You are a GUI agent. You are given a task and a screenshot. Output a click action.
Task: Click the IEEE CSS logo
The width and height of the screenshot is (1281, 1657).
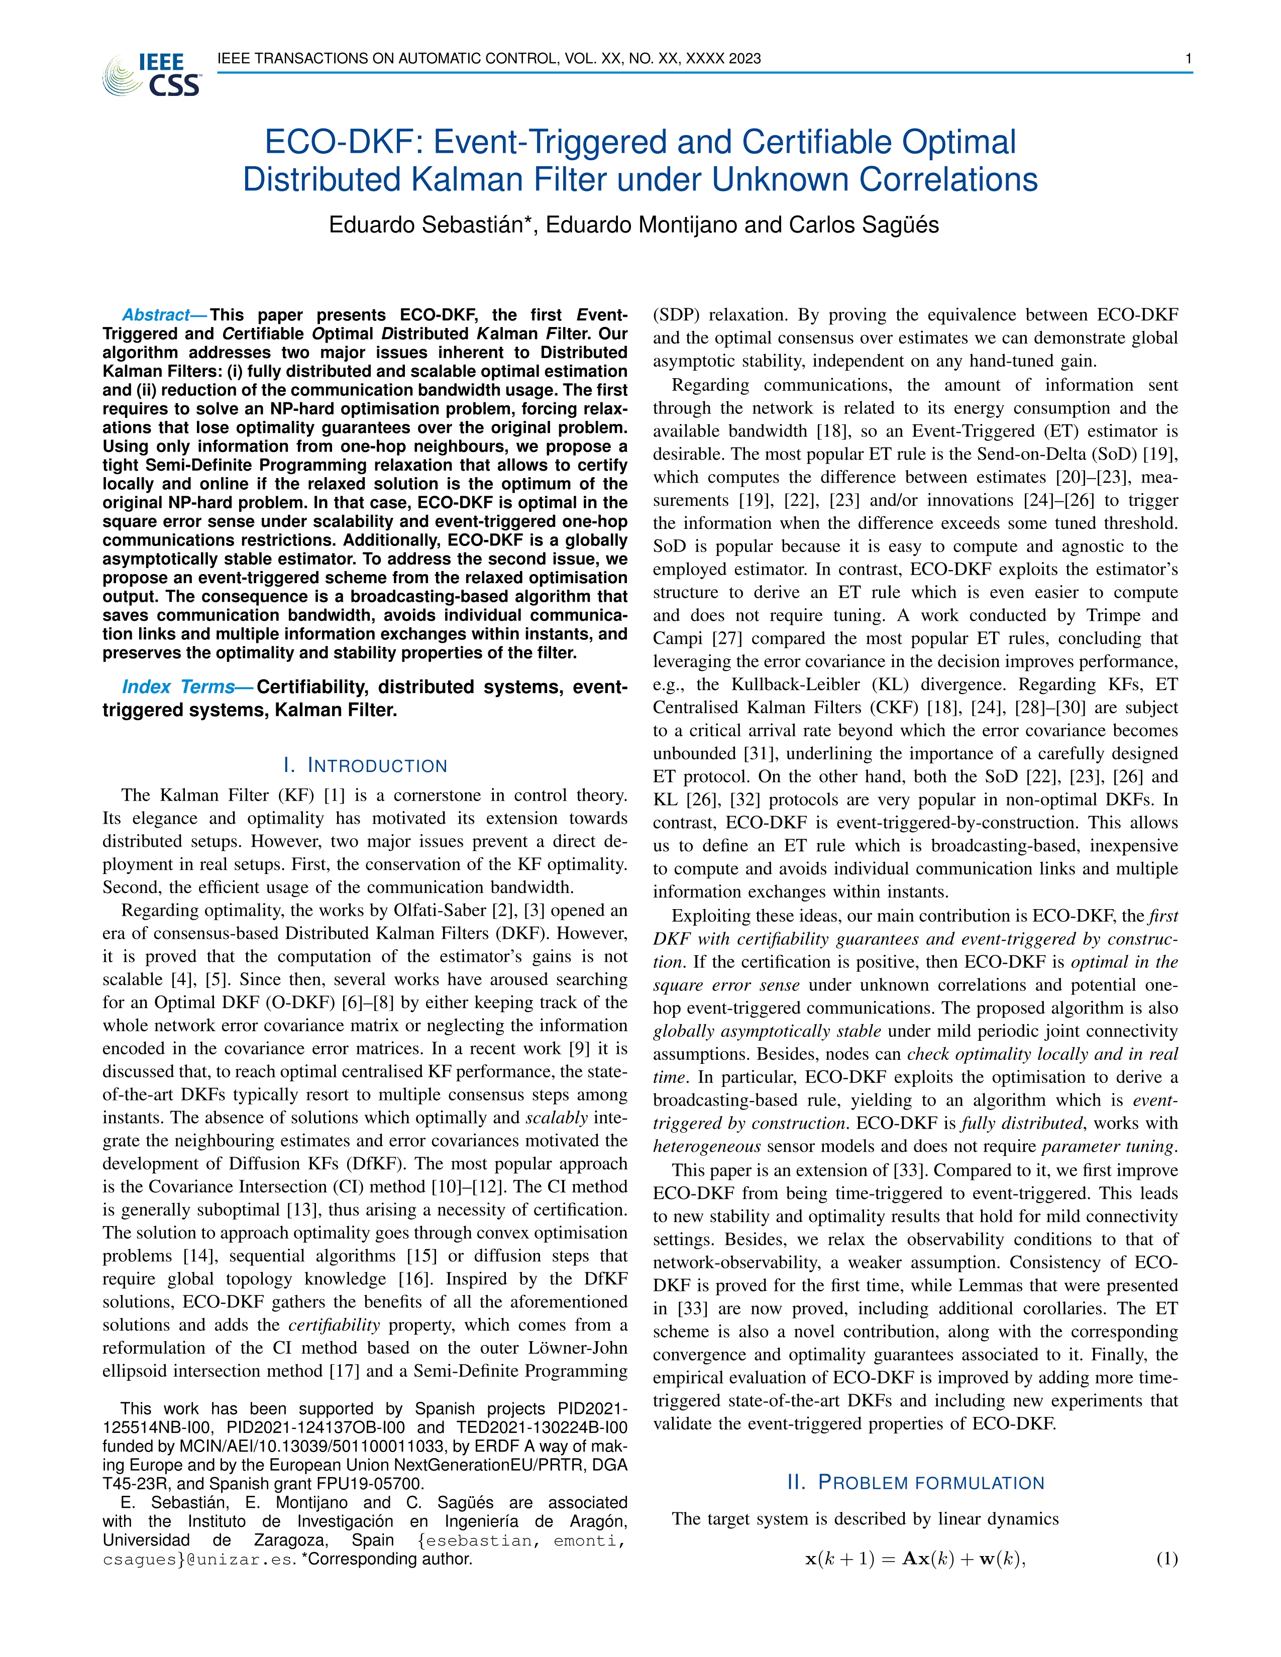click(152, 74)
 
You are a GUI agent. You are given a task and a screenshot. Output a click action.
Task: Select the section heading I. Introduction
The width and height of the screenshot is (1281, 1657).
click(365, 765)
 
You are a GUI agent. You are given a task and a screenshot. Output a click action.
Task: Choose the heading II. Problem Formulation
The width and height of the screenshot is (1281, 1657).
click(916, 1483)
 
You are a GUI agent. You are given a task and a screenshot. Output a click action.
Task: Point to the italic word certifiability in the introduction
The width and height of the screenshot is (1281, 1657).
click(334, 1324)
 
